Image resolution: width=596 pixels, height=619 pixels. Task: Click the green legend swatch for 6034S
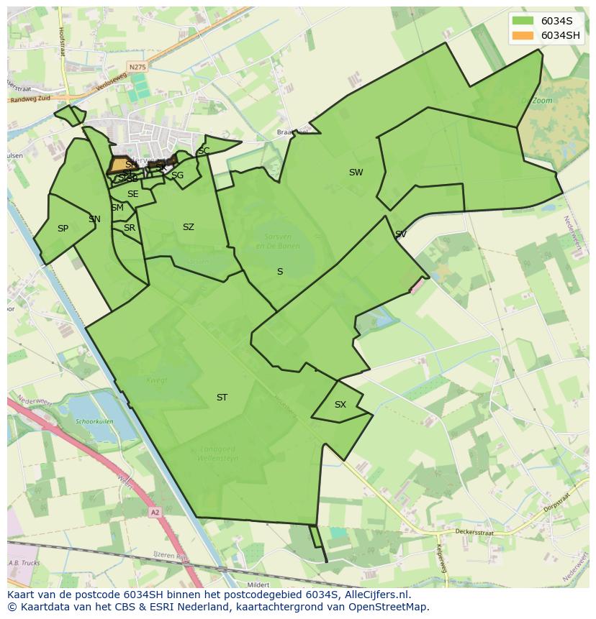tap(523, 21)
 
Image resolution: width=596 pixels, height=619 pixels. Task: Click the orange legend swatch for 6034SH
tap(523, 35)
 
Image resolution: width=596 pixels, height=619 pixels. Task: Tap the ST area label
tap(222, 398)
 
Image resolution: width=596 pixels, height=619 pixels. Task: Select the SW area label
tap(356, 173)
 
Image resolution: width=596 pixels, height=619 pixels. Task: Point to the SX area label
tap(340, 405)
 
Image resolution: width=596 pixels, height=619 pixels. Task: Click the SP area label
tap(63, 229)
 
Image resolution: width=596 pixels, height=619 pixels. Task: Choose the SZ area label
tap(188, 227)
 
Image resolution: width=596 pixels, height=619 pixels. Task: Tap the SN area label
tap(94, 219)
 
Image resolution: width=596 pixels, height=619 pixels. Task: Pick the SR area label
tap(130, 228)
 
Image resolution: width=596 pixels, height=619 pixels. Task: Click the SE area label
tap(132, 194)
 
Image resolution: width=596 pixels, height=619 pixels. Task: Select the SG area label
tap(177, 175)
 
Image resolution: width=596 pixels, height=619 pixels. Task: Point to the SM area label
tap(117, 208)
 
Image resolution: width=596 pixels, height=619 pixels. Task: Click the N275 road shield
tap(137, 67)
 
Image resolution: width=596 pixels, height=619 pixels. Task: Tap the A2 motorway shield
tap(155, 513)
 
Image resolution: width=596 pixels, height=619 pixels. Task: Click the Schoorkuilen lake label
tap(95, 422)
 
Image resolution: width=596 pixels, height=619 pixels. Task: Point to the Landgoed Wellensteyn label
tap(219, 454)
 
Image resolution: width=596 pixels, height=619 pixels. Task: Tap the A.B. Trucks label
tap(24, 563)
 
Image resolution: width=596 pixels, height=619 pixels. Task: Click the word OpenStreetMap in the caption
tap(392, 607)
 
